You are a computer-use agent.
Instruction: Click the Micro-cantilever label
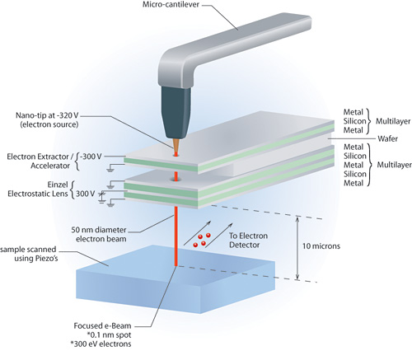pyautogui.click(x=171, y=4)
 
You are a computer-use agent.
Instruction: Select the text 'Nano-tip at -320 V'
pyautogui.click(x=47, y=115)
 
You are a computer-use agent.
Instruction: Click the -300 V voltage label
pyautogui.click(x=91, y=157)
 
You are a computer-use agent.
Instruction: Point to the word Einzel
pyautogui.click(x=58, y=185)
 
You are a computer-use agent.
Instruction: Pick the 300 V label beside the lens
pyautogui.click(x=86, y=194)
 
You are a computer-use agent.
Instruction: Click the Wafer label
pyautogui.click(x=387, y=138)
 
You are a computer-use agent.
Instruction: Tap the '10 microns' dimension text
pyautogui.click(x=321, y=246)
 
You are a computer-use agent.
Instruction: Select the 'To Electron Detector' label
pyautogui.click(x=248, y=241)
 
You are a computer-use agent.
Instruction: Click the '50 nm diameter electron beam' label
pyautogui.click(x=99, y=234)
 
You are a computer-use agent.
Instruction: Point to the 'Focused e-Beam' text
pyautogui.click(x=102, y=326)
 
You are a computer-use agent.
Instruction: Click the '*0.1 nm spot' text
pyautogui.click(x=109, y=335)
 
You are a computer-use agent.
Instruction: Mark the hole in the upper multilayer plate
pyautogui.click(x=176, y=155)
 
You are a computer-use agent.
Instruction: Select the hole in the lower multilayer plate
pyautogui.click(x=176, y=180)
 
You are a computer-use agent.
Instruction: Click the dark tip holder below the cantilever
pyautogui.click(x=175, y=113)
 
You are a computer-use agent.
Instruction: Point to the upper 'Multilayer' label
pyautogui.click(x=393, y=121)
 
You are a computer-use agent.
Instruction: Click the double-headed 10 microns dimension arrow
pyautogui.click(x=297, y=248)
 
